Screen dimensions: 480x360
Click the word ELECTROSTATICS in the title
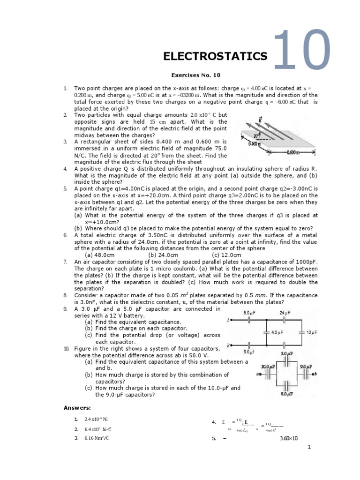(x=215, y=56)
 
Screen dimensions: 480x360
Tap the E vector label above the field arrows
(x=261, y=120)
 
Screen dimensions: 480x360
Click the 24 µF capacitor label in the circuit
(x=285, y=312)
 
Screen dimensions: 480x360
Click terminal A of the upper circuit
(x=228, y=321)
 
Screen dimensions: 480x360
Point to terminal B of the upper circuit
(x=228, y=345)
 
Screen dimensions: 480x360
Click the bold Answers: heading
(x=78, y=408)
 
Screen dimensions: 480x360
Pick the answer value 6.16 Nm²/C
(x=97, y=438)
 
